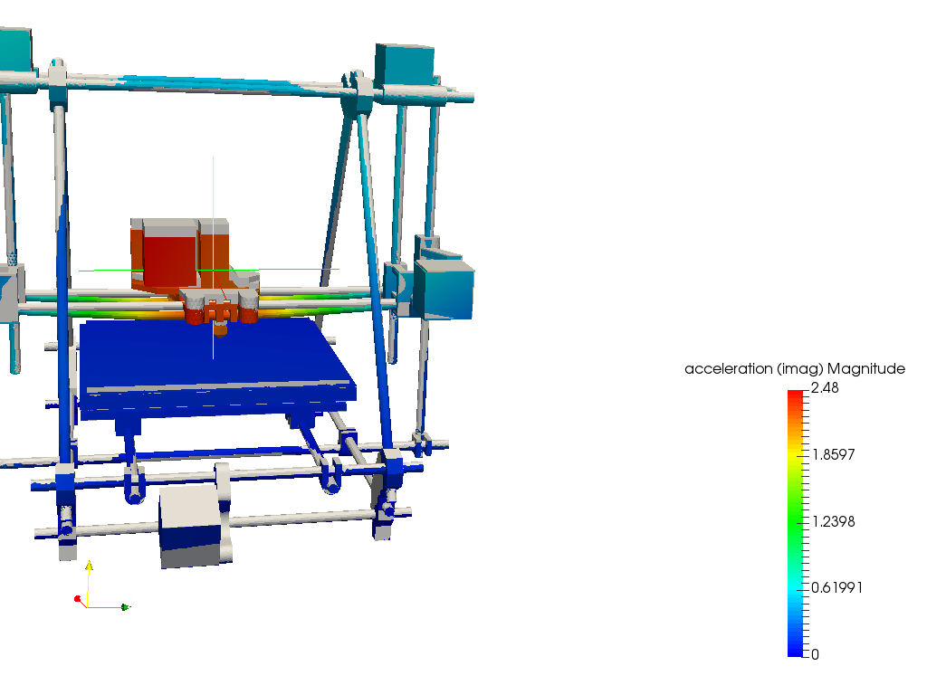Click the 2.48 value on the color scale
pos(824,387)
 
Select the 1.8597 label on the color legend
pos(834,454)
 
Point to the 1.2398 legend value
pos(834,521)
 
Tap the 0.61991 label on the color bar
pos(836,587)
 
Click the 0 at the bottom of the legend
pos(816,654)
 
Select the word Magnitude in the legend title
pos(866,369)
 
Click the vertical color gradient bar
pos(795,523)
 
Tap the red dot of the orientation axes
pos(78,599)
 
